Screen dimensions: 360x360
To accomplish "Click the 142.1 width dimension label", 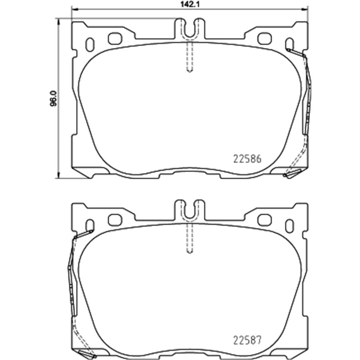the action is (x=190, y=4).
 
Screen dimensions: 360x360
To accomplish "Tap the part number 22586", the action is (x=247, y=159).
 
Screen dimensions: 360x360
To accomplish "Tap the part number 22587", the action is (x=247, y=340).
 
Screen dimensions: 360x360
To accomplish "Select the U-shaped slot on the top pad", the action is (x=190, y=30).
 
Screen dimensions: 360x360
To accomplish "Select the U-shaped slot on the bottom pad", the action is (x=190, y=211).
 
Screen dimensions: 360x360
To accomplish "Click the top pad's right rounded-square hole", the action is (x=265, y=39).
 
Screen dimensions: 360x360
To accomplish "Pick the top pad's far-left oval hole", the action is (x=90, y=44).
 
